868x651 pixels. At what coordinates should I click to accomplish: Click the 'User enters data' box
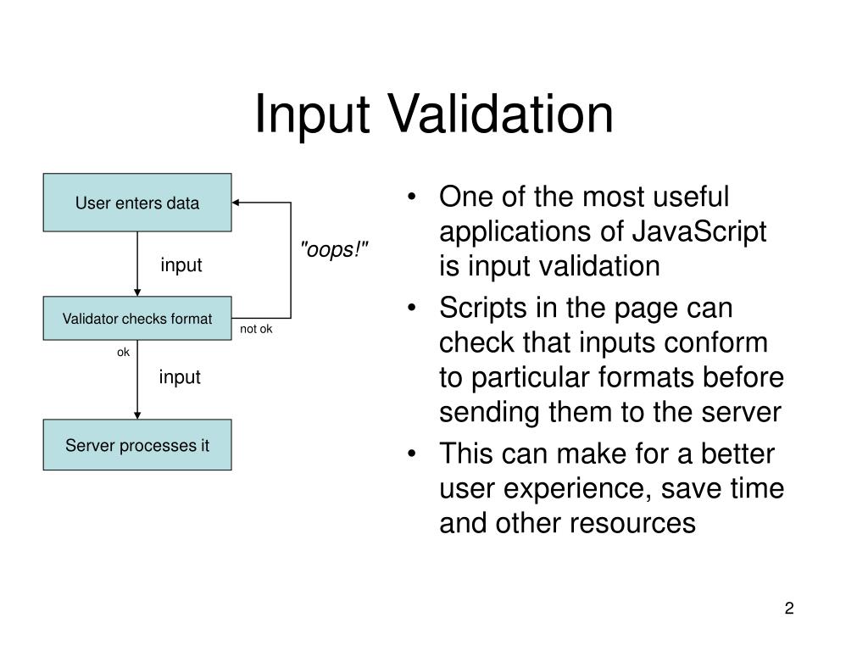click(x=137, y=203)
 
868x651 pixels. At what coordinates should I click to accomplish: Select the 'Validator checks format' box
click(x=137, y=319)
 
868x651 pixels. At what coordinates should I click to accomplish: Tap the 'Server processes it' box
click(x=137, y=445)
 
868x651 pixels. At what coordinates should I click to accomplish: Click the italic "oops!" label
click(x=337, y=250)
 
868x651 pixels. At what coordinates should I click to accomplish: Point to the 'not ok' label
click(x=256, y=330)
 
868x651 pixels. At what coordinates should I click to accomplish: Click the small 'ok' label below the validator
click(x=123, y=352)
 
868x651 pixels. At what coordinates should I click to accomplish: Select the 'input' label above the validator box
click(x=181, y=265)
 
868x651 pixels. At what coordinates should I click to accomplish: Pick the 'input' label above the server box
click(x=180, y=377)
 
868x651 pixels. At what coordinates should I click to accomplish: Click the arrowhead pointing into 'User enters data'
click(x=237, y=203)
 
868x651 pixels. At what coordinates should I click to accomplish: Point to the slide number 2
click(x=789, y=609)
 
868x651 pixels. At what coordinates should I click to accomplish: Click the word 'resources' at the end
click(x=633, y=524)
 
